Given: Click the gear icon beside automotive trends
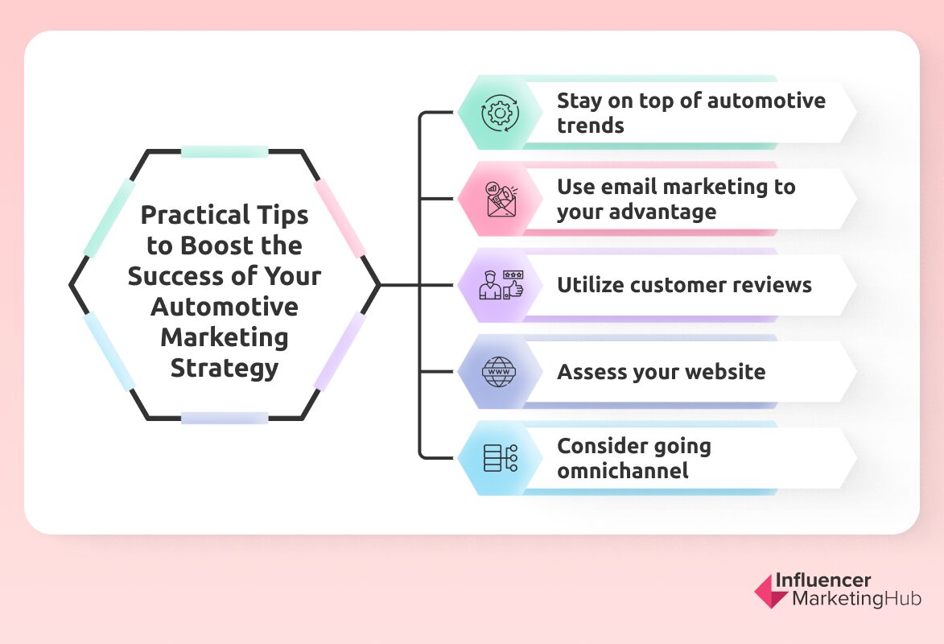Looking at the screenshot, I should coord(500,113).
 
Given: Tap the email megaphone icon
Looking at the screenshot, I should coord(501,199).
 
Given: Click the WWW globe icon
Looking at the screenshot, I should coord(500,372).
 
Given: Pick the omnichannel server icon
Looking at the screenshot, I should coord(500,457).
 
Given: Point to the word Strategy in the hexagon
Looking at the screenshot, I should coord(224,368).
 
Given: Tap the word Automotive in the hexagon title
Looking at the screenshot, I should coord(224,307).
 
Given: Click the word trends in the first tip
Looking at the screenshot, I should coord(590,126).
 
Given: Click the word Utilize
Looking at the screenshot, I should coord(592,284).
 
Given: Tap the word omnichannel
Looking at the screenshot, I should coord(622,470).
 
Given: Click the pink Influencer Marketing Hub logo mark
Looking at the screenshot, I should coord(770,591).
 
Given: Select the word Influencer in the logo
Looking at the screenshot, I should coord(822,581).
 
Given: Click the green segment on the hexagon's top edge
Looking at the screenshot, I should coord(224,151).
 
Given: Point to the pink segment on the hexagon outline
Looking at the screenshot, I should coord(339,217).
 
